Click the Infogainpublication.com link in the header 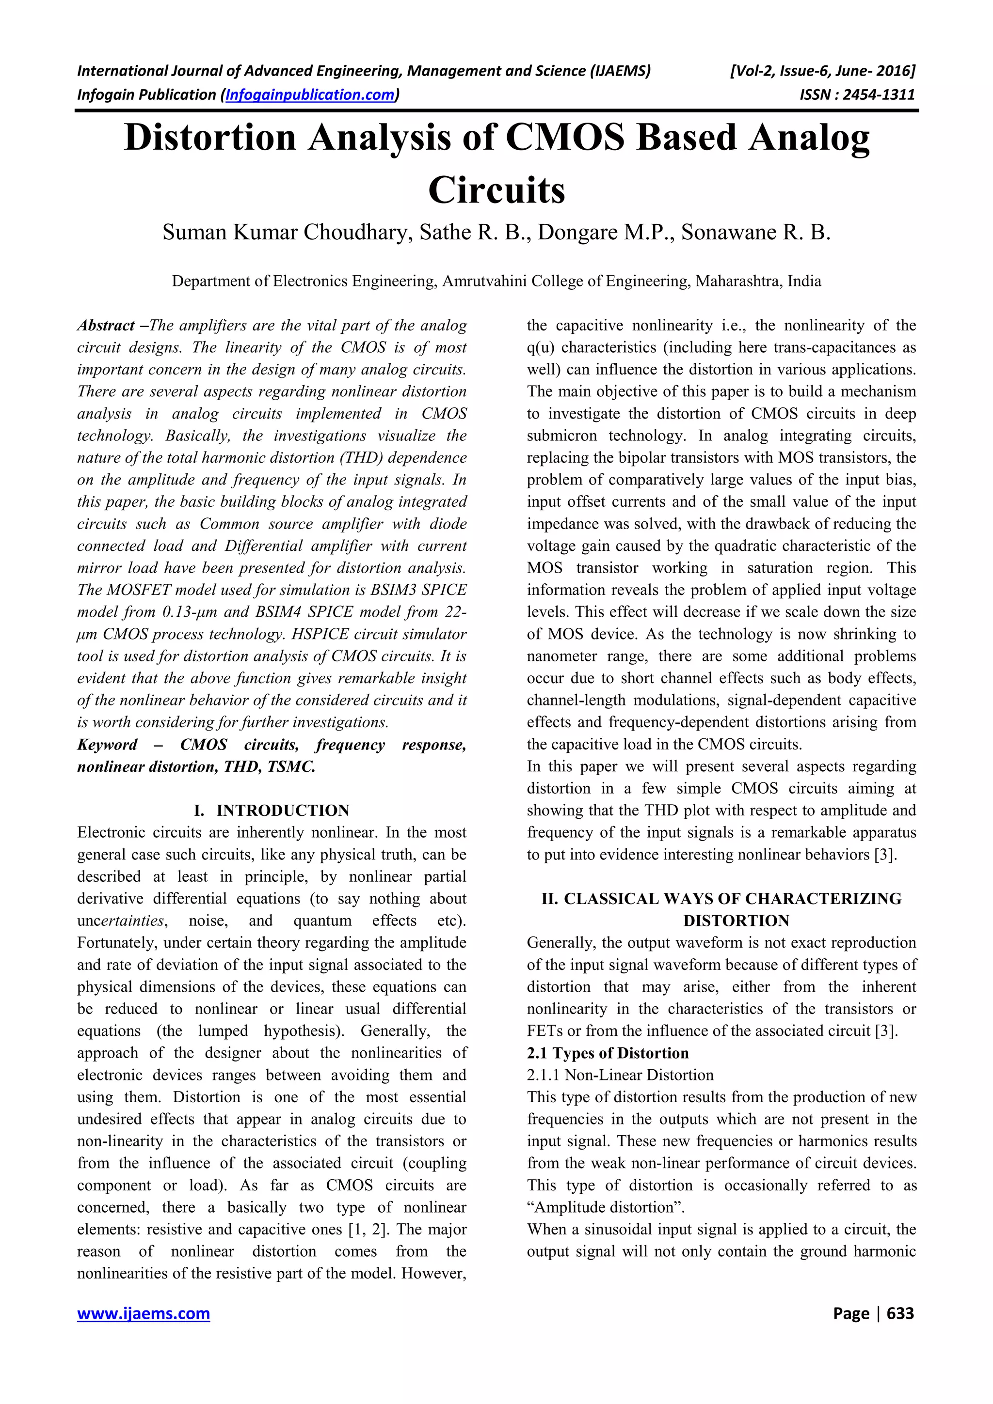point(310,95)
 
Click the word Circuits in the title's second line point(496,190)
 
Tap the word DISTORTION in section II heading point(736,920)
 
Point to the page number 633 point(900,1313)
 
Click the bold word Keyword point(107,744)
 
